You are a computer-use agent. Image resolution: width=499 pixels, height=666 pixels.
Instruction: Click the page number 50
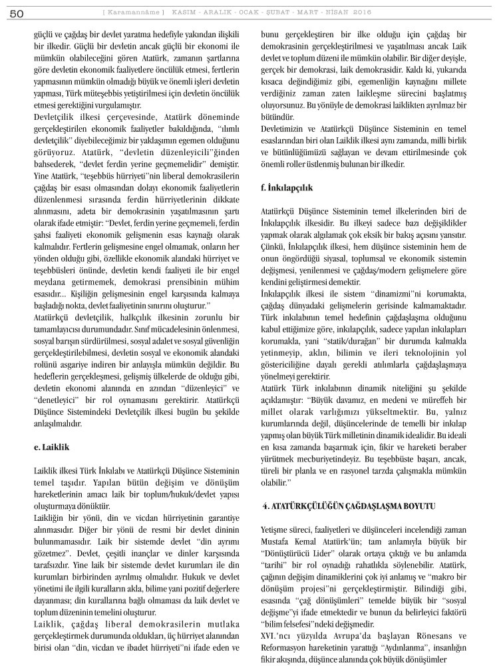(x=17, y=12)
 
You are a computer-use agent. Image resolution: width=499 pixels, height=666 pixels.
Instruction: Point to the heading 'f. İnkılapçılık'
(x=287, y=188)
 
